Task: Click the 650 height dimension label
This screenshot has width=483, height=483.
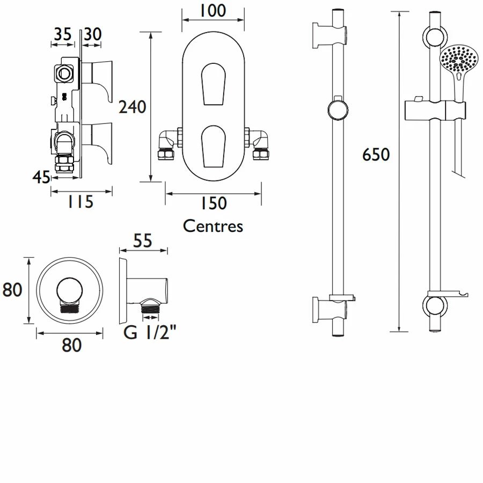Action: [376, 155]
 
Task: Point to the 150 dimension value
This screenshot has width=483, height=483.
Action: [213, 203]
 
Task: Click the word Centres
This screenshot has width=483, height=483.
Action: [213, 226]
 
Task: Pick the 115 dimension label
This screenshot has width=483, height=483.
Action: [80, 202]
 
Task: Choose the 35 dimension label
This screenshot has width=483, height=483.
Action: [62, 34]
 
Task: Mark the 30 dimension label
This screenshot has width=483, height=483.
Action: [93, 34]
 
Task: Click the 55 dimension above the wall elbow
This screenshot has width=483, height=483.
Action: [142, 241]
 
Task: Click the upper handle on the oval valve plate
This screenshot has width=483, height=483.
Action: [209, 83]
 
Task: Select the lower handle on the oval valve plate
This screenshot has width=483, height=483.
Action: [209, 145]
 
